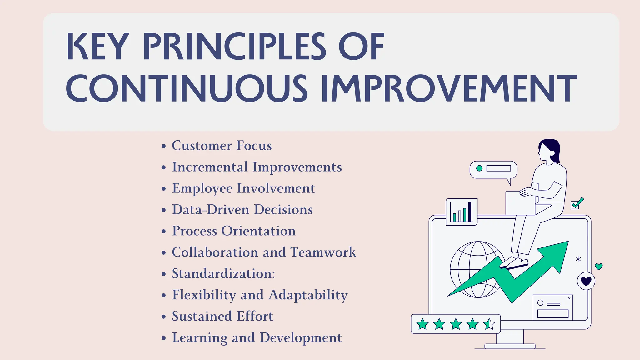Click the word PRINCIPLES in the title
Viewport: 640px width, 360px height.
point(234,47)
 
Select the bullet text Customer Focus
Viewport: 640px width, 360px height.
point(222,146)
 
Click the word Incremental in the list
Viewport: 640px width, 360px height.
point(210,167)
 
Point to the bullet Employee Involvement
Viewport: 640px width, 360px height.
point(243,188)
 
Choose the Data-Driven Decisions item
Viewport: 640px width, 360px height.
point(242,210)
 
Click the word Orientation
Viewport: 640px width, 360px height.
point(258,231)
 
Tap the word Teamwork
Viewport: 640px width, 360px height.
point(323,252)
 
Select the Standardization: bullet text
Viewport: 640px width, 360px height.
point(223,274)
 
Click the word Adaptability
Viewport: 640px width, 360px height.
point(308,295)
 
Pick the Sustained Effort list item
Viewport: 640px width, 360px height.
point(222,316)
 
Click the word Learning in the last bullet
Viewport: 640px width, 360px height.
point(200,338)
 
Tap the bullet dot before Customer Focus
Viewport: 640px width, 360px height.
point(163,146)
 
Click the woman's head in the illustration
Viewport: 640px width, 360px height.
point(548,150)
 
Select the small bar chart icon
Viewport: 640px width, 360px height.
point(462,212)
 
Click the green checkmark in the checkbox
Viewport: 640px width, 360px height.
point(577,202)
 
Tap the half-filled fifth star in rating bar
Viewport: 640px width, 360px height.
point(489,324)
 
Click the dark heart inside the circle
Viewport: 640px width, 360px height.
point(586,281)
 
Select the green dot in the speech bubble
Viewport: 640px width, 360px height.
point(479,168)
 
